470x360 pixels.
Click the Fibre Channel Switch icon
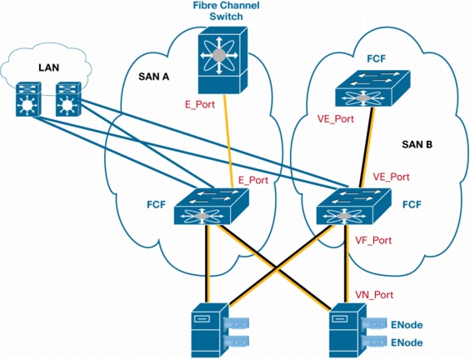point(222,60)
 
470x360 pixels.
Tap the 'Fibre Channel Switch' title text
point(226,11)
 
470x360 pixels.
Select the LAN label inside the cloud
point(49,67)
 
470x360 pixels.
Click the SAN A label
point(154,77)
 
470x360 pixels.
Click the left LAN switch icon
point(28,99)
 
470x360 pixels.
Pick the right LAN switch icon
point(68,99)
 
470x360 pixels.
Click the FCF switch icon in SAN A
point(212,206)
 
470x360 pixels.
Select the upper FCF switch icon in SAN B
point(372,88)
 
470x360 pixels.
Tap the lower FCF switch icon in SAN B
point(354,206)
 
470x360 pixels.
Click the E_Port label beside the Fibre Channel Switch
point(200,105)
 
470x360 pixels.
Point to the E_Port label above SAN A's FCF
point(253,180)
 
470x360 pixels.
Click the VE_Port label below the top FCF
point(336,119)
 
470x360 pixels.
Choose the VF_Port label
point(373,240)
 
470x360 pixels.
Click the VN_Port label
point(374,295)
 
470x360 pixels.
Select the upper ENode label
point(407,325)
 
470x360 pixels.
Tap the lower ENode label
point(407,342)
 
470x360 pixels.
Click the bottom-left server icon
point(220,330)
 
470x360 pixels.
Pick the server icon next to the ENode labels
point(357,330)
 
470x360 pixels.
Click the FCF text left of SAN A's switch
point(156,204)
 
